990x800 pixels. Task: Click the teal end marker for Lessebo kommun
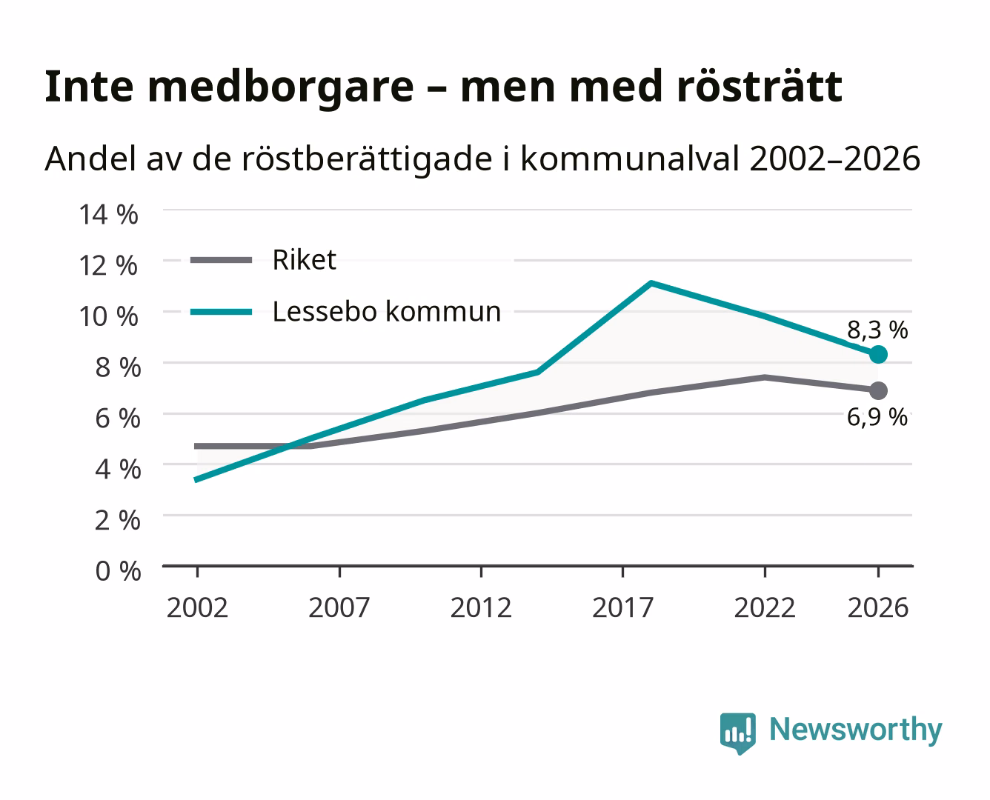pos(878,355)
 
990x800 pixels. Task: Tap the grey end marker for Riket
pos(878,390)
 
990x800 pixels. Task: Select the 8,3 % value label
pos(877,330)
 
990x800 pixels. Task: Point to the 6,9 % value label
pos(877,417)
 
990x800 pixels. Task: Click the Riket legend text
pos(304,260)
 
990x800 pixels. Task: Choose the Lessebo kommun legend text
pos(387,311)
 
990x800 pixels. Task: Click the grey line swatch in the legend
pos(222,260)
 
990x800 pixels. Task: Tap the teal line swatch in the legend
pos(222,312)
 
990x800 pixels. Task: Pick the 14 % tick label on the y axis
pos(109,215)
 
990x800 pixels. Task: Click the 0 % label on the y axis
pos(118,571)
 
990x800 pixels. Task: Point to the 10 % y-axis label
pos(109,316)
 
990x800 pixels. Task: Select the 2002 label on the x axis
pos(198,607)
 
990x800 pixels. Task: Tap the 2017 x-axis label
pos(622,607)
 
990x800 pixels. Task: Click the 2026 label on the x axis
pos(878,607)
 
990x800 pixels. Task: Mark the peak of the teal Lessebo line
pos(651,283)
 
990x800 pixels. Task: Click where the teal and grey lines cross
pos(289,447)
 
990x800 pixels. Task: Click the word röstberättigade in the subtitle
pos(367,159)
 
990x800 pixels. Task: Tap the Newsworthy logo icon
pos(737,733)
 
